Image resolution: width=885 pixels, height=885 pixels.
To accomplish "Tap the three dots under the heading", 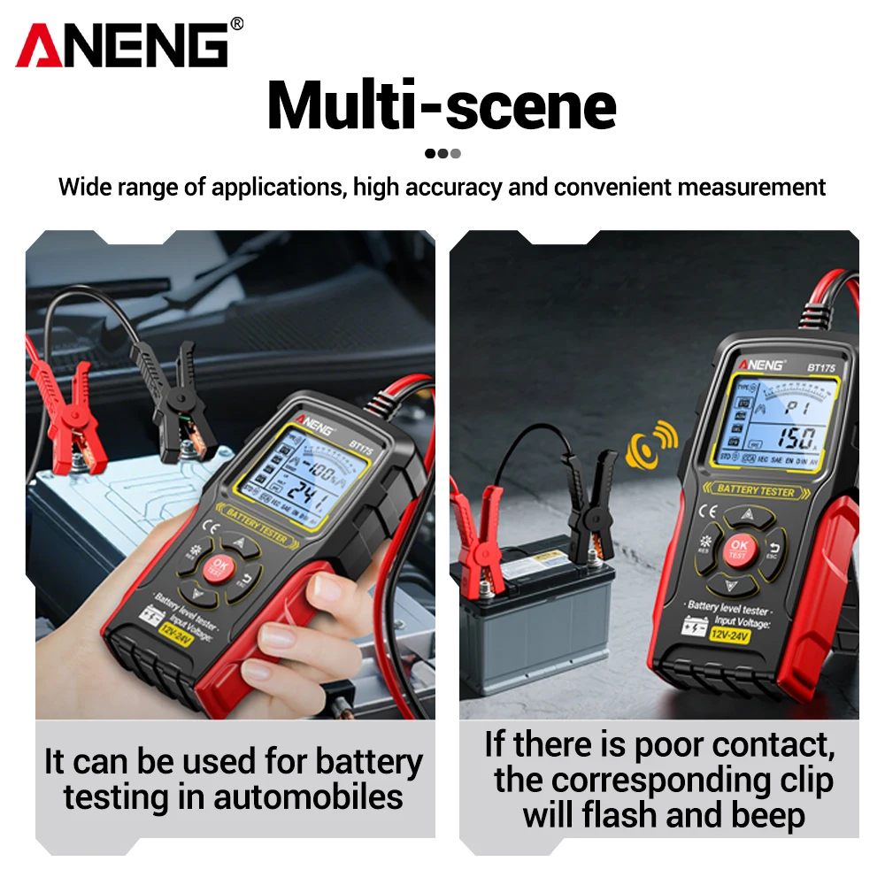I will point(442,153).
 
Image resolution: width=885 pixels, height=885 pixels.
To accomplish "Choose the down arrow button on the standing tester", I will point(731,584).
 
